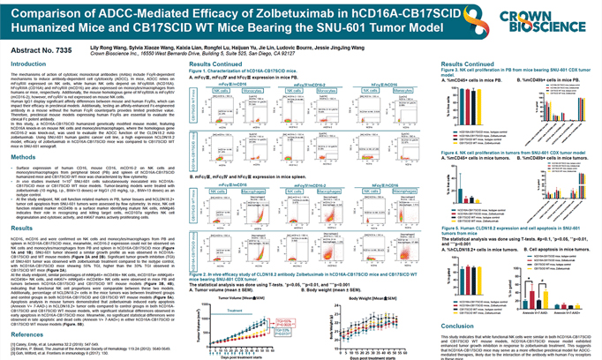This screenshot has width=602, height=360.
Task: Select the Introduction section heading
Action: click(28, 64)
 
